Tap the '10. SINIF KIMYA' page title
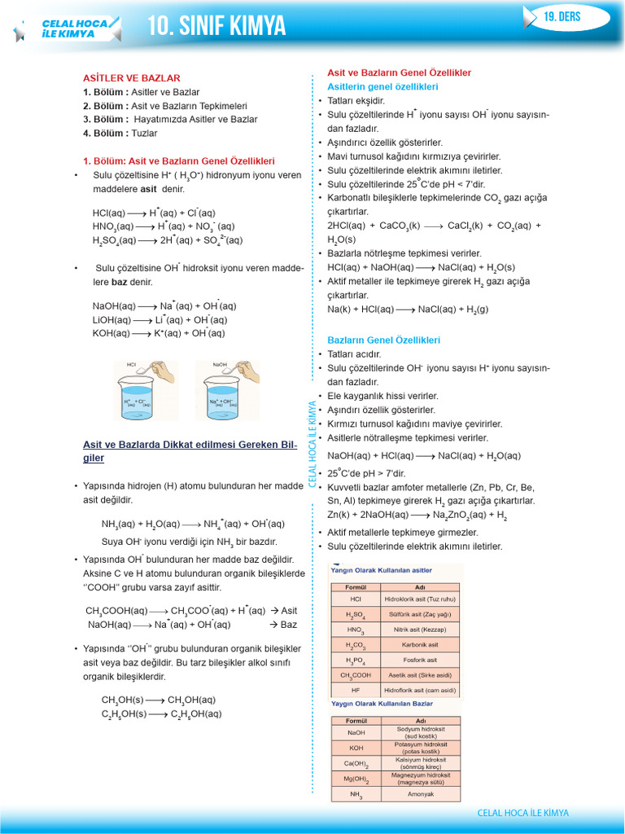click(x=216, y=27)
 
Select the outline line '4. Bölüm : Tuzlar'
click(x=120, y=134)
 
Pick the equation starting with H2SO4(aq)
click(x=168, y=241)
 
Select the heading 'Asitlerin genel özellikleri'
click(x=382, y=86)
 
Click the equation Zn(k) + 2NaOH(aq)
click(x=417, y=516)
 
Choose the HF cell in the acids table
click(x=356, y=691)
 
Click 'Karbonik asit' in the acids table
click(x=420, y=644)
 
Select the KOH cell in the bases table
click(x=356, y=747)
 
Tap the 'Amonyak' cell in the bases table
click(x=420, y=794)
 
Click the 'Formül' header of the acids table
click(x=356, y=586)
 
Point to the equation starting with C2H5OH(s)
click(x=161, y=714)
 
